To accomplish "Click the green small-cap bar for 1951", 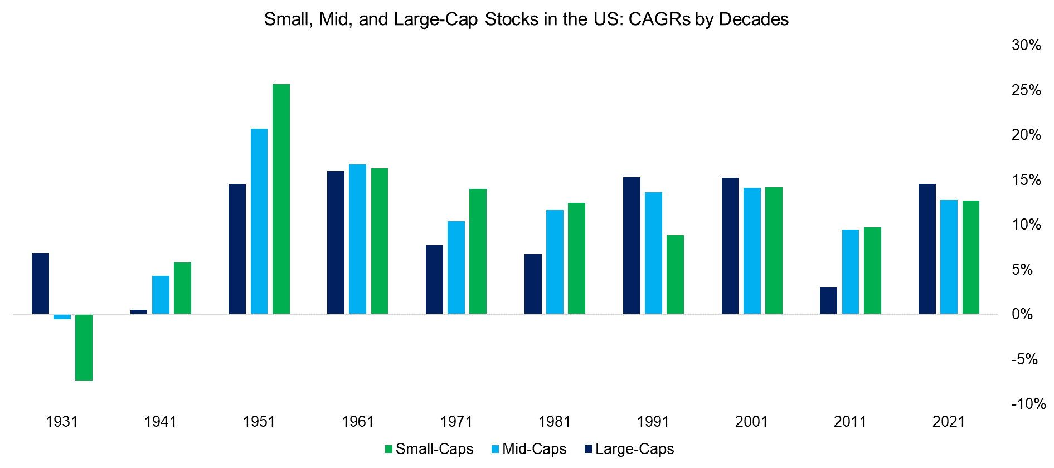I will point(281,199).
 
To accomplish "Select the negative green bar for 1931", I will point(84,347).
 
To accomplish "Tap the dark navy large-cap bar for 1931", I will point(40,283).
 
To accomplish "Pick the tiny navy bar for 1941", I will point(139,311).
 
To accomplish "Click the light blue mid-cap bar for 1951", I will point(259,221).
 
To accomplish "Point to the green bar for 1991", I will point(675,274).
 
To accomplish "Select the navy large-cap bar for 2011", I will point(828,300).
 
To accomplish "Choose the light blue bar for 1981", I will point(555,262).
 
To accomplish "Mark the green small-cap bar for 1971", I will point(478,251).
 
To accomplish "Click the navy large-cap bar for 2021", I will point(927,248).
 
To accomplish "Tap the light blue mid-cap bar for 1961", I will point(357,239).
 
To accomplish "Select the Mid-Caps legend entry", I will point(529,449).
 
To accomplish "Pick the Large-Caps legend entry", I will point(629,449).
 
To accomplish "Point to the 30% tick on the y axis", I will point(1026,45).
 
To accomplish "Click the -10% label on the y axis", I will point(1028,404).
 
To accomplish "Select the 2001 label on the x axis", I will point(751,422).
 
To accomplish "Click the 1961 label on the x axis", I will point(357,422).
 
